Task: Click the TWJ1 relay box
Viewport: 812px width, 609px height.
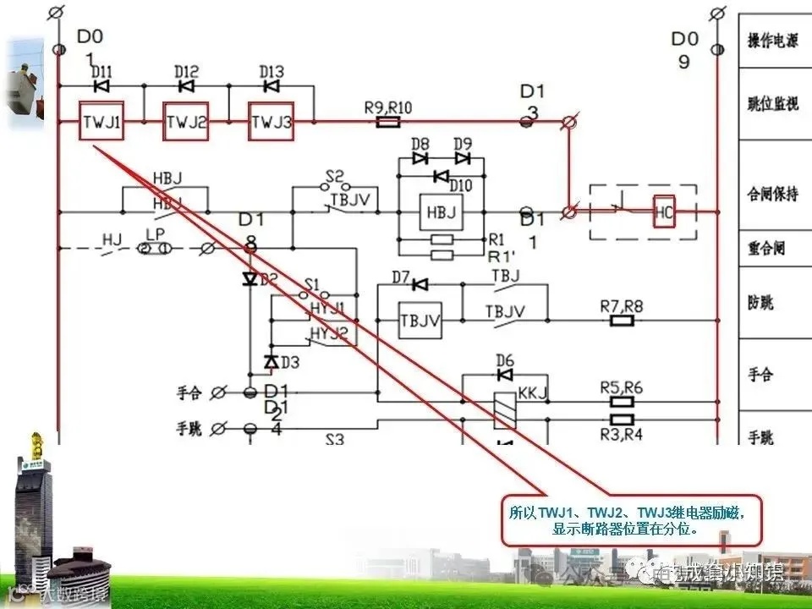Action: pos(102,123)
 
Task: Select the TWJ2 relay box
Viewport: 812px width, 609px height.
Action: pos(186,123)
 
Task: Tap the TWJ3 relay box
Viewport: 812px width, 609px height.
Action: pos(271,123)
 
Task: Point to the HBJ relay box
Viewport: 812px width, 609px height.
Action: pos(441,212)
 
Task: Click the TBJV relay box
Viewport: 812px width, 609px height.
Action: pos(420,321)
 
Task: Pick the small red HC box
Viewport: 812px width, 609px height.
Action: pos(664,212)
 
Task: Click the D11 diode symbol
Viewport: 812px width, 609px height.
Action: pos(101,86)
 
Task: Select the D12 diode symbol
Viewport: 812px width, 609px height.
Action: pos(186,86)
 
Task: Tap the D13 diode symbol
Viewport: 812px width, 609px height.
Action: pos(272,86)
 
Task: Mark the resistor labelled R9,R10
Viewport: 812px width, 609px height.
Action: pos(387,123)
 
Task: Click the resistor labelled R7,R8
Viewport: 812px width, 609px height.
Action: pos(622,321)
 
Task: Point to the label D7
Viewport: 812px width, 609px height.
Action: pos(400,277)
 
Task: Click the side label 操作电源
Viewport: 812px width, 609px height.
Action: pos(773,40)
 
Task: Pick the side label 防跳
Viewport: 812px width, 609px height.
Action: pos(761,302)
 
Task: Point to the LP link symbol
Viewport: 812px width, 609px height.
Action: pos(155,248)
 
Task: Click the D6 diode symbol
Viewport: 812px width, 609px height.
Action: pos(505,375)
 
